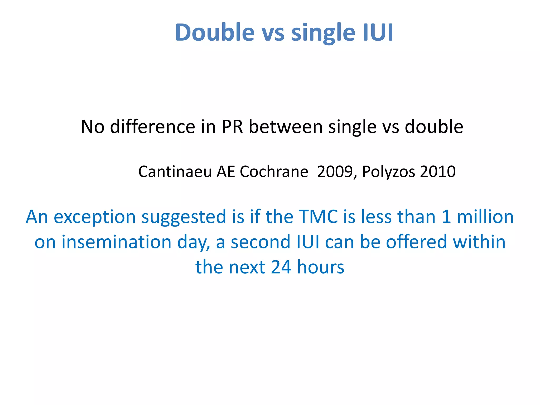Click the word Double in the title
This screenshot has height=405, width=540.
(215, 32)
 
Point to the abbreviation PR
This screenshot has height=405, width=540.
(232, 127)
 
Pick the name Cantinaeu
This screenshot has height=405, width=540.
(175, 172)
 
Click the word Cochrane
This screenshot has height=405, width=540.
(274, 172)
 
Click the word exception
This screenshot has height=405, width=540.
(95, 217)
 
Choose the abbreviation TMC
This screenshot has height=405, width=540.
(318, 216)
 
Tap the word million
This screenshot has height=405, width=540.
(485, 216)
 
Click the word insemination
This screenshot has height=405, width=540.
(116, 242)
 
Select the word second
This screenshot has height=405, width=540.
(261, 242)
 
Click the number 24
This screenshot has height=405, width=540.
(281, 267)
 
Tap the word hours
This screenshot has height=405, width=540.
(321, 267)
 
